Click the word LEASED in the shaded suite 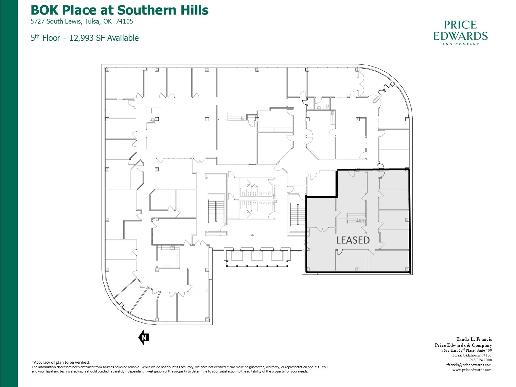coord(353,240)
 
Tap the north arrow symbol coord(144,337)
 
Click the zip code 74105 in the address coord(124,21)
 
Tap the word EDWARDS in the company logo coord(460,36)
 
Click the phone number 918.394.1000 coord(481,360)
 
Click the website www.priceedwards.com coord(472,370)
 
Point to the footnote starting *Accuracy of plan coord(61,362)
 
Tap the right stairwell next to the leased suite coord(297,215)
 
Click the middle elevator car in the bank coord(257,256)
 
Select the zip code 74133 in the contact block coord(486,355)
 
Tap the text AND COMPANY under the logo coord(460,44)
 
